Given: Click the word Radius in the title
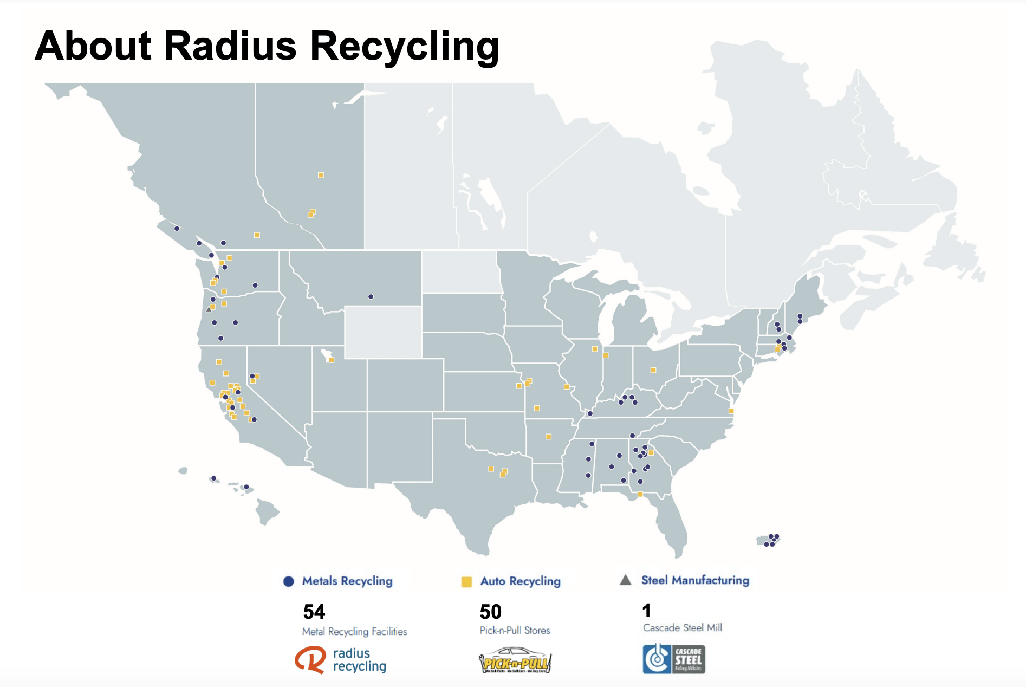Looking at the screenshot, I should click(x=230, y=46).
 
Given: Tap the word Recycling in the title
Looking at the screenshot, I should click(x=404, y=47).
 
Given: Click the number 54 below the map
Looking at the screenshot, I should click(x=314, y=612).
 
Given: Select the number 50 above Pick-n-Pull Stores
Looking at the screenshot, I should click(x=491, y=612).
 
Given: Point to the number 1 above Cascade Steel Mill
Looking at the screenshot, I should click(x=646, y=611).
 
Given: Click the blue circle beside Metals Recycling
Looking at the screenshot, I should click(x=289, y=581).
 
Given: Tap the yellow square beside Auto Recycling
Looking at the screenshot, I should click(x=466, y=582).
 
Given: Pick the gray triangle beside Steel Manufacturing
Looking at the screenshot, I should click(x=626, y=580).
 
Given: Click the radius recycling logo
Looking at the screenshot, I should click(x=341, y=660).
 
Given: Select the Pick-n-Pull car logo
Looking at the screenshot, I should click(x=515, y=660).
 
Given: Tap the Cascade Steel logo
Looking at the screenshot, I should click(x=674, y=659).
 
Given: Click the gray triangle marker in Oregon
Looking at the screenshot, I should click(x=209, y=309).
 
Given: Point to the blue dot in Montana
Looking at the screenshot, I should click(x=371, y=297).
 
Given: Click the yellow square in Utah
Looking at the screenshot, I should click(x=332, y=360).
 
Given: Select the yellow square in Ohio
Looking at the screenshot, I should click(x=653, y=370).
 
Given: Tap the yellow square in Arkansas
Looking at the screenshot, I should click(x=548, y=436).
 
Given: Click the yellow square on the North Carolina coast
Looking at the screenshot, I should click(x=731, y=411).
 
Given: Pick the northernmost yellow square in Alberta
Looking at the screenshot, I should click(x=321, y=175).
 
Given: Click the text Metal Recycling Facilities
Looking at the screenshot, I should click(x=354, y=632).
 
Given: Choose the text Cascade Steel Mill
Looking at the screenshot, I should click(x=682, y=628).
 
